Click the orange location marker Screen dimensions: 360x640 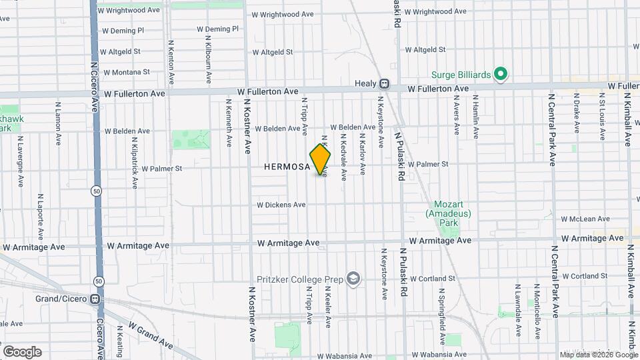(320, 159)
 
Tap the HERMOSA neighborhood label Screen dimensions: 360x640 (287, 166)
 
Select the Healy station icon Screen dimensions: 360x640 (384, 84)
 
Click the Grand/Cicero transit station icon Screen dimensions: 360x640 (97, 299)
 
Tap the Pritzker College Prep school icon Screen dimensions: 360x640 (353, 279)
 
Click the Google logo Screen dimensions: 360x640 (22, 351)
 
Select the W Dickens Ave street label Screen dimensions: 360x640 (281, 205)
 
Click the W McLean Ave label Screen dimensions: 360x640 (585, 219)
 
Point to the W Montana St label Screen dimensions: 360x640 (125, 72)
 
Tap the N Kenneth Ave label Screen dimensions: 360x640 (229, 123)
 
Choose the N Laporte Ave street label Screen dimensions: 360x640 (40, 217)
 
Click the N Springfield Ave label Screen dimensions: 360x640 (441, 311)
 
